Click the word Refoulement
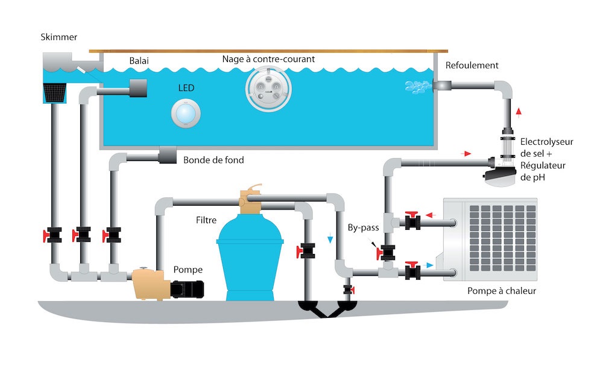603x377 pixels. point(472,66)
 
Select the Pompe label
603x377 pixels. point(188,270)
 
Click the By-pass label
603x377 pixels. point(362,229)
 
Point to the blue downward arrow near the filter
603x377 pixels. point(329,239)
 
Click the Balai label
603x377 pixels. point(139,61)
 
